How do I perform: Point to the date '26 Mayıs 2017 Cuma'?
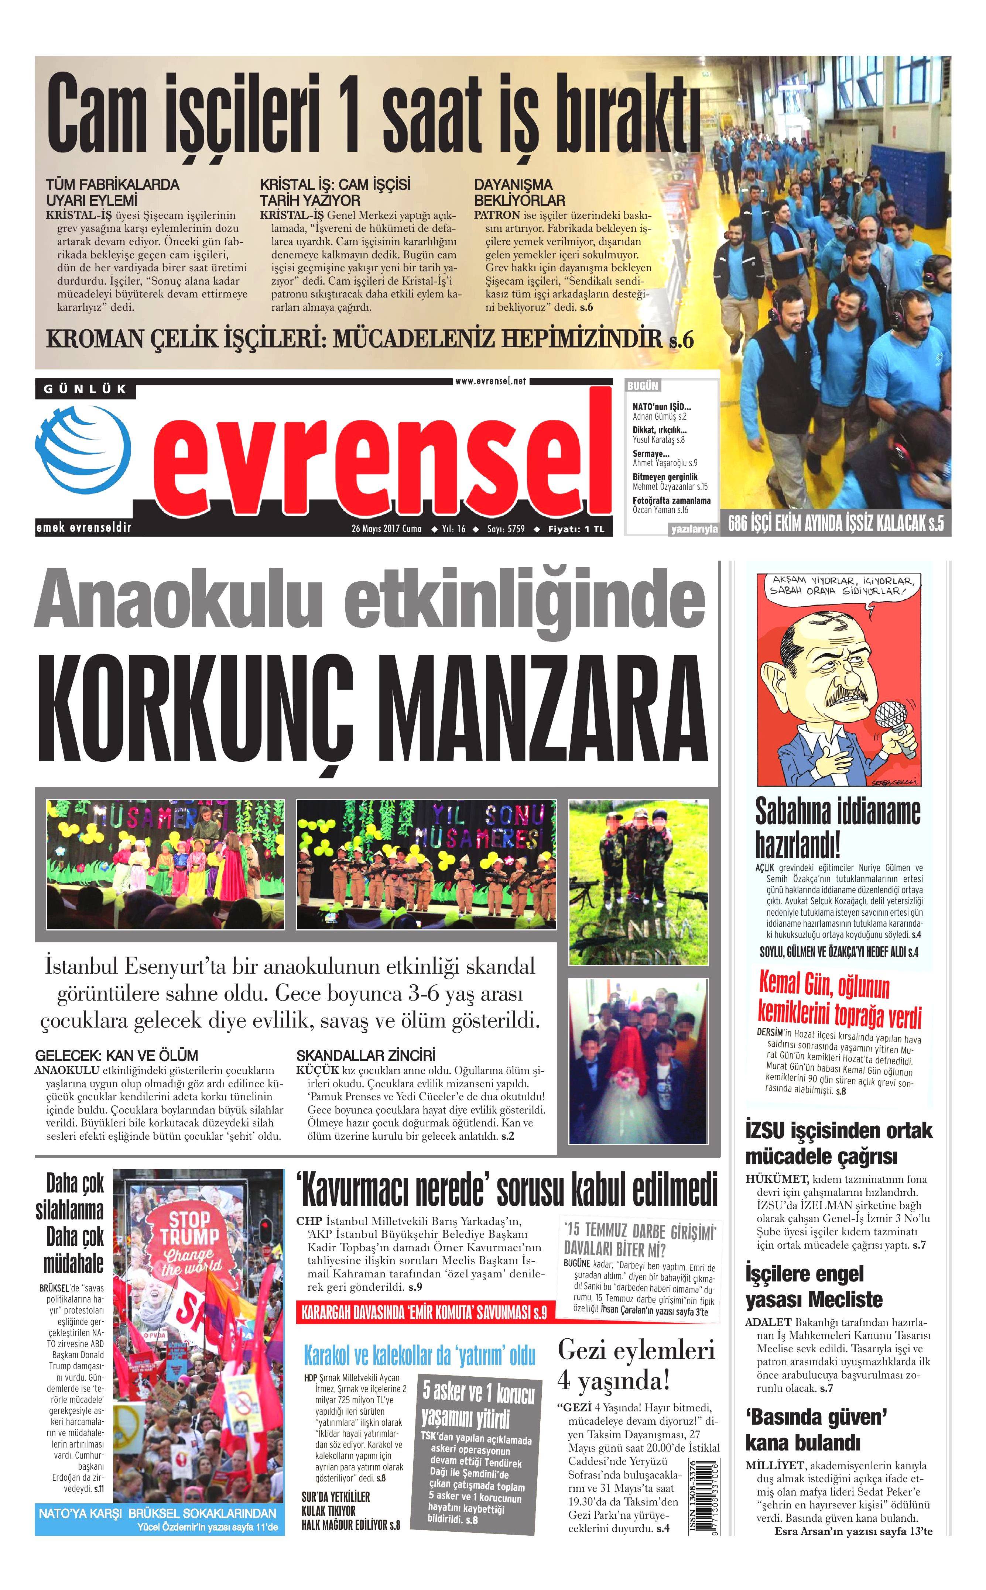[386, 529]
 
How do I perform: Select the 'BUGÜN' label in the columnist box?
[642, 386]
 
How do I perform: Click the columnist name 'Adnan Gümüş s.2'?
[659, 416]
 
